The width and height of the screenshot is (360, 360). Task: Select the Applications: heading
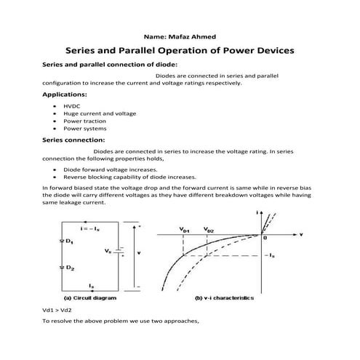click(65, 95)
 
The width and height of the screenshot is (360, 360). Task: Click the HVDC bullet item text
click(71, 106)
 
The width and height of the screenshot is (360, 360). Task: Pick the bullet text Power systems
click(85, 128)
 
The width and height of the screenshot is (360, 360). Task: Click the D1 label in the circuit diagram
click(69, 241)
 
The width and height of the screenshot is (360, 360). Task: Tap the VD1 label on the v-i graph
click(185, 229)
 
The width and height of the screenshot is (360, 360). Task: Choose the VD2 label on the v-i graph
click(209, 229)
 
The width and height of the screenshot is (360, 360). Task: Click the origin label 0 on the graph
click(265, 238)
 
